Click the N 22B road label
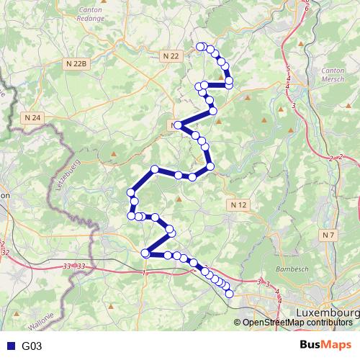pyautogui.click(x=75, y=63)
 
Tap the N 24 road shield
pyautogui.click(x=32, y=117)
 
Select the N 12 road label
pyautogui.click(x=240, y=205)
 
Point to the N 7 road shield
pyautogui.click(x=329, y=235)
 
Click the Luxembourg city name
pyautogui.click(x=328, y=314)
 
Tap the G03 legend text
pyautogui.click(x=32, y=346)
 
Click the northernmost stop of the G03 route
pyautogui.click(x=201, y=48)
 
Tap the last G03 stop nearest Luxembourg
pyautogui.click(x=230, y=293)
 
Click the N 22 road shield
pyautogui.click(x=170, y=55)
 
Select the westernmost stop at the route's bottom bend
pyautogui.click(x=145, y=253)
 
